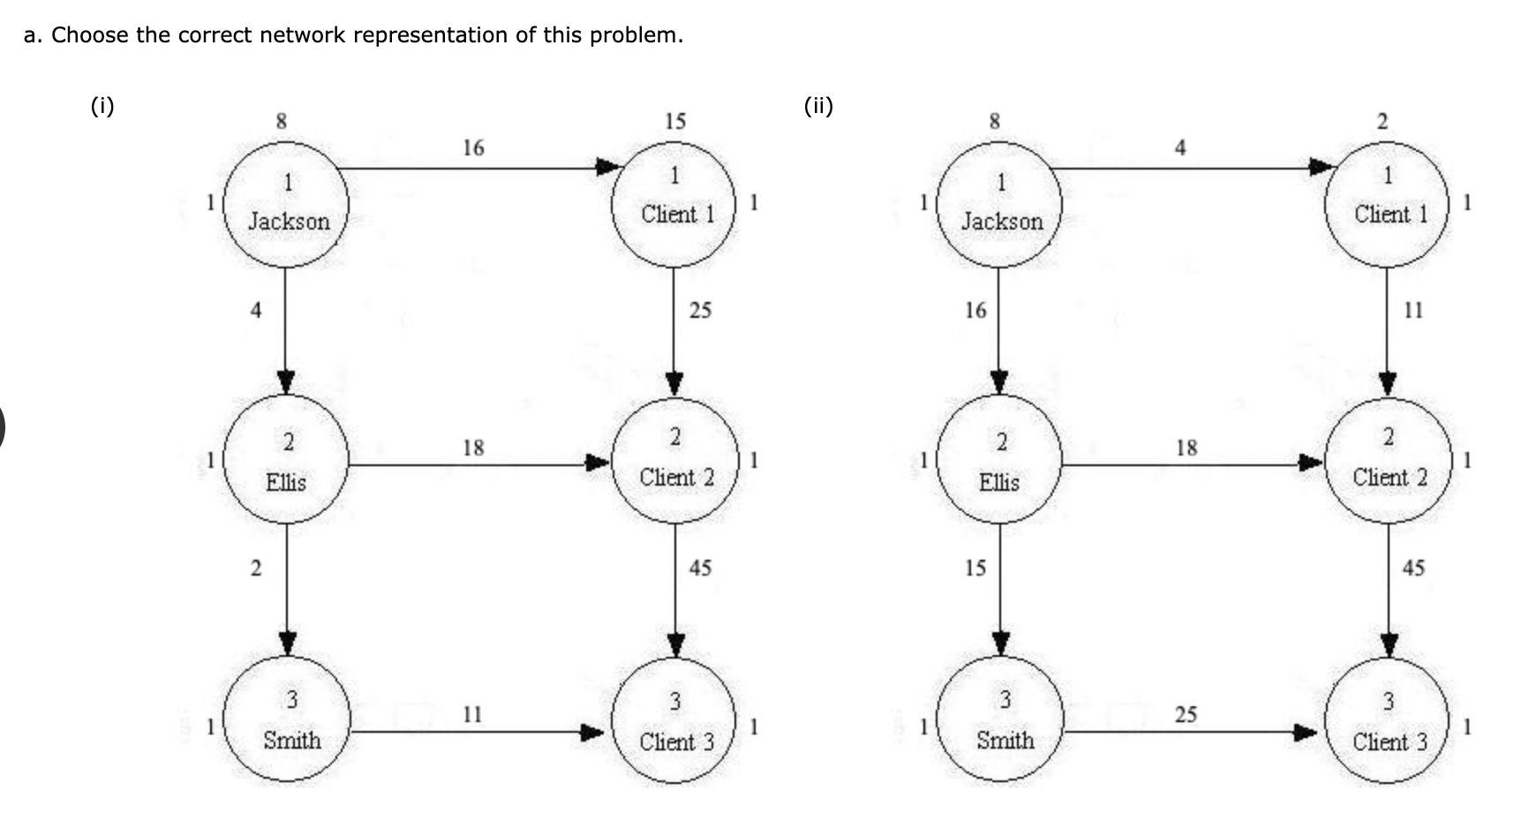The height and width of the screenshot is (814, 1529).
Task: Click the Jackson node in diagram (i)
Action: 287,205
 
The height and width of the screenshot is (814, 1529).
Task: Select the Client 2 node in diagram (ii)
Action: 1388,461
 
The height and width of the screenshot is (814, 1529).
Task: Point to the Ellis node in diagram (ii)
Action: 999,461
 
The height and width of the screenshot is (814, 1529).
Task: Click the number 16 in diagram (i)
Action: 473,147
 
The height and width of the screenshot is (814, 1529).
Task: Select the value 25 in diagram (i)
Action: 700,310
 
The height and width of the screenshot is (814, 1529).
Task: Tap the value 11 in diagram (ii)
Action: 1413,310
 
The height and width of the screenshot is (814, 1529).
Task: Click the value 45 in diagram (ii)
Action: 1413,568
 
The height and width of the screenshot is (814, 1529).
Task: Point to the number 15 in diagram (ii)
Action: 975,568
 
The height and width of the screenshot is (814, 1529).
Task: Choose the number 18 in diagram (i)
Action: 473,448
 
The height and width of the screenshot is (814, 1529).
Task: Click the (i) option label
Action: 102,107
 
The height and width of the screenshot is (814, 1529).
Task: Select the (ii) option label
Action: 818,107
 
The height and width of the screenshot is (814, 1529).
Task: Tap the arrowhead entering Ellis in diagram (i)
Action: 286,382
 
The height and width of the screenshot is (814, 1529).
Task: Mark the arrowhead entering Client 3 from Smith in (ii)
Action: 1307,732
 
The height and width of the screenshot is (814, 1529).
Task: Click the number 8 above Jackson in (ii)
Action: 994,121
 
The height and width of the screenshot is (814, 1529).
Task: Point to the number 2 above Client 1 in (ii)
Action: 1382,121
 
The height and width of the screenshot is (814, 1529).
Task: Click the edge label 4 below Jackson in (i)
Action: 256,310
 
